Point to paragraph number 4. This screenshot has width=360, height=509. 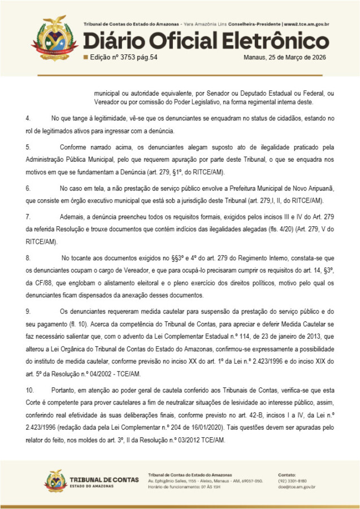28,118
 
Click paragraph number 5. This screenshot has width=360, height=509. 28,146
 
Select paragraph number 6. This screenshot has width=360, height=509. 28,187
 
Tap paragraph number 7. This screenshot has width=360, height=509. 28,216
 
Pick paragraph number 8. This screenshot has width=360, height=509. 28,257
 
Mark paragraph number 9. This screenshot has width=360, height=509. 28,311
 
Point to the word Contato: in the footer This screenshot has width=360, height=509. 288,474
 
